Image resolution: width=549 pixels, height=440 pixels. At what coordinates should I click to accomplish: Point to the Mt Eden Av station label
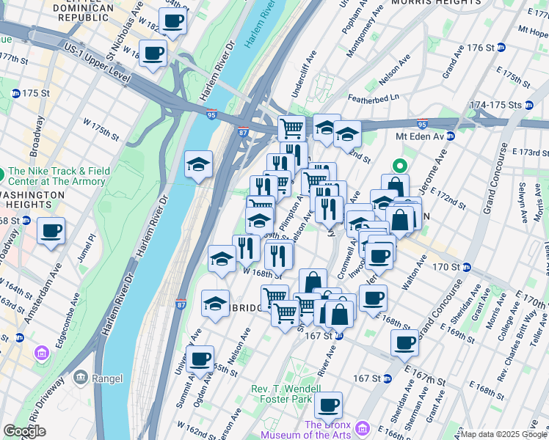421,136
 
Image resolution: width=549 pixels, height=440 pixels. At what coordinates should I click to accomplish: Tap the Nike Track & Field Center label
58,176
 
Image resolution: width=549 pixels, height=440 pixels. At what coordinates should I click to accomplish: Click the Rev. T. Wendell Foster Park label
291,394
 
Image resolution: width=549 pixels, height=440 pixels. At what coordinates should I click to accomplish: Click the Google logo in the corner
24,431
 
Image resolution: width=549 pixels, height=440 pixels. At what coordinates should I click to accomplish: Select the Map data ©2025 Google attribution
503,434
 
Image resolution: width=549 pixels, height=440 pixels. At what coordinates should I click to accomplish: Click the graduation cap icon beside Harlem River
198,164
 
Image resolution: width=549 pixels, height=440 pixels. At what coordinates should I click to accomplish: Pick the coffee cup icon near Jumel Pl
51,231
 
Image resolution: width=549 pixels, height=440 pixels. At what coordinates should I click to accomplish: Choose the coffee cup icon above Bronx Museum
328,404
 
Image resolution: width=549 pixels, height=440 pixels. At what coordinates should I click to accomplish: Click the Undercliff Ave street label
302,65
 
